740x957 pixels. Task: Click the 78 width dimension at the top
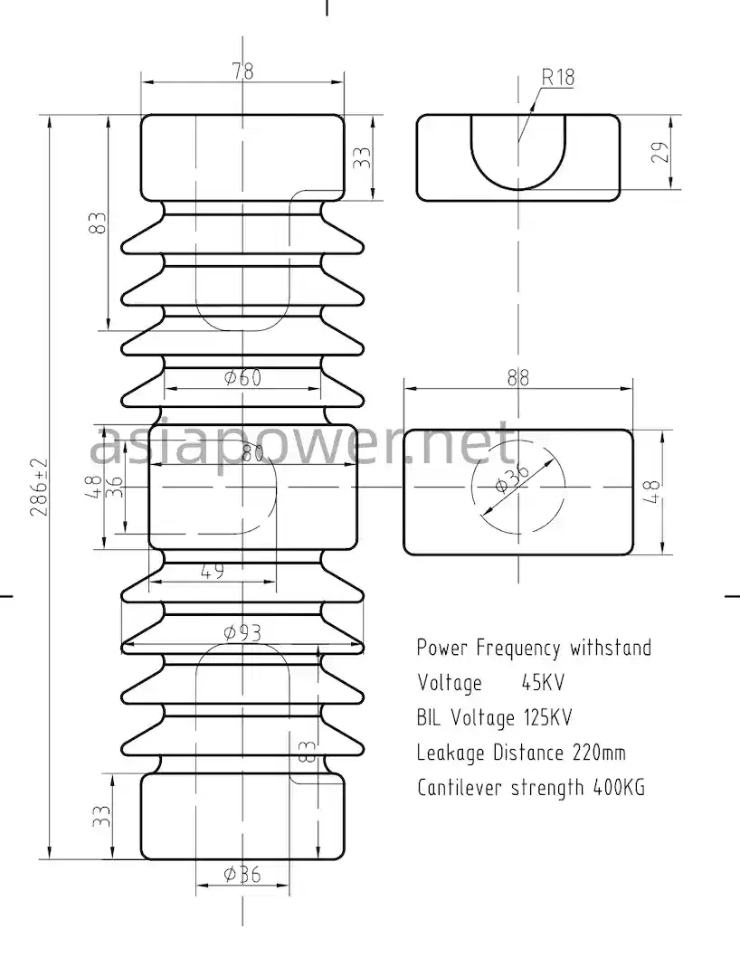242,71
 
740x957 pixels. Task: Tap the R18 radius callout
558,77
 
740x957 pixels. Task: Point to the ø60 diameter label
242,377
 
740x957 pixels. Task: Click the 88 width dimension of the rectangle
517,377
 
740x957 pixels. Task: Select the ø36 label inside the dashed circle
513,479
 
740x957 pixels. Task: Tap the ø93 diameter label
242,632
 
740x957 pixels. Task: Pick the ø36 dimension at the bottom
242,874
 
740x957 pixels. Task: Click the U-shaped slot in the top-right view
517,149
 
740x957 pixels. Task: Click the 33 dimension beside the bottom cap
102,817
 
